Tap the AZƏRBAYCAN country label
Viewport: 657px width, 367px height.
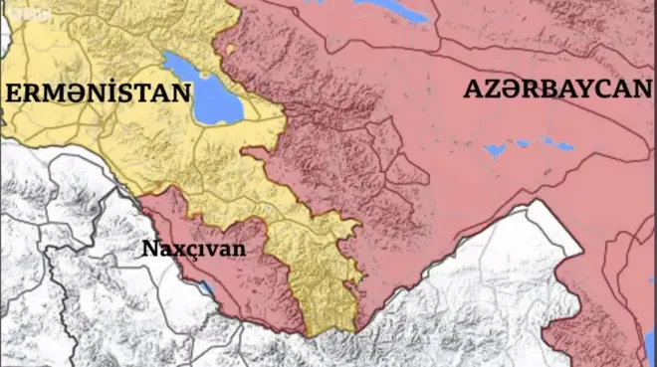click(x=549, y=91)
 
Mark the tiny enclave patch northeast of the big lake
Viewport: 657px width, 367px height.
click(x=231, y=48)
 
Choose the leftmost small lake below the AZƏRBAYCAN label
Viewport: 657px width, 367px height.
click(x=494, y=151)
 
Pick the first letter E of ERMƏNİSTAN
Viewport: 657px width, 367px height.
click(x=14, y=94)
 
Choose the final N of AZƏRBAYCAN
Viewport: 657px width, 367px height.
click(x=627, y=91)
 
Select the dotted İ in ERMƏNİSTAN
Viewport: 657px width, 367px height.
click(x=110, y=93)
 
